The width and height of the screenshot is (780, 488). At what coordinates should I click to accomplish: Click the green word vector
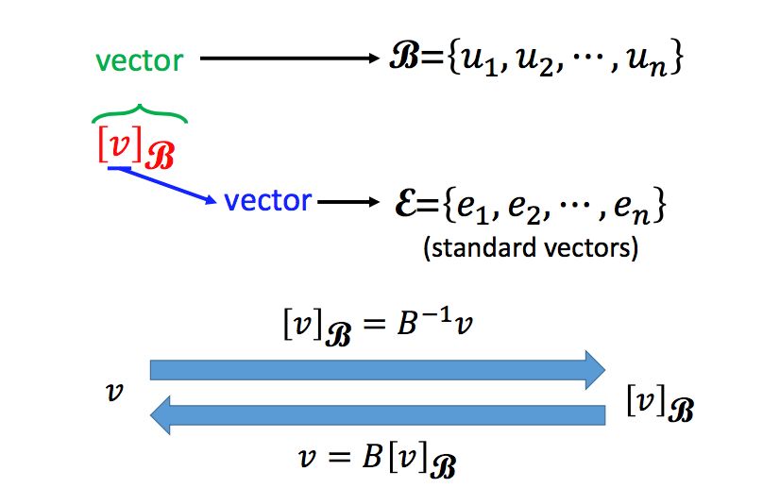(x=139, y=60)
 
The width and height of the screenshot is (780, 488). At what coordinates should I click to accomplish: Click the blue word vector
(x=267, y=200)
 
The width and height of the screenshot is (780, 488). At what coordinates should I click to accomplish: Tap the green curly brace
(x=140, y=114)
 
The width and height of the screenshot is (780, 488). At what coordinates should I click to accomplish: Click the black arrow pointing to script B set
(x=289, y=59)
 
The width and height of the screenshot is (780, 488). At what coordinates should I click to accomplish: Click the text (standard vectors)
(x=531, y=250)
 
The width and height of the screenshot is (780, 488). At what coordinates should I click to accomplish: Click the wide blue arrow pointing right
(x=377, y=369)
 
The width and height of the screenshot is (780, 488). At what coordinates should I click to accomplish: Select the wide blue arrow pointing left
(x=377, y=415)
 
